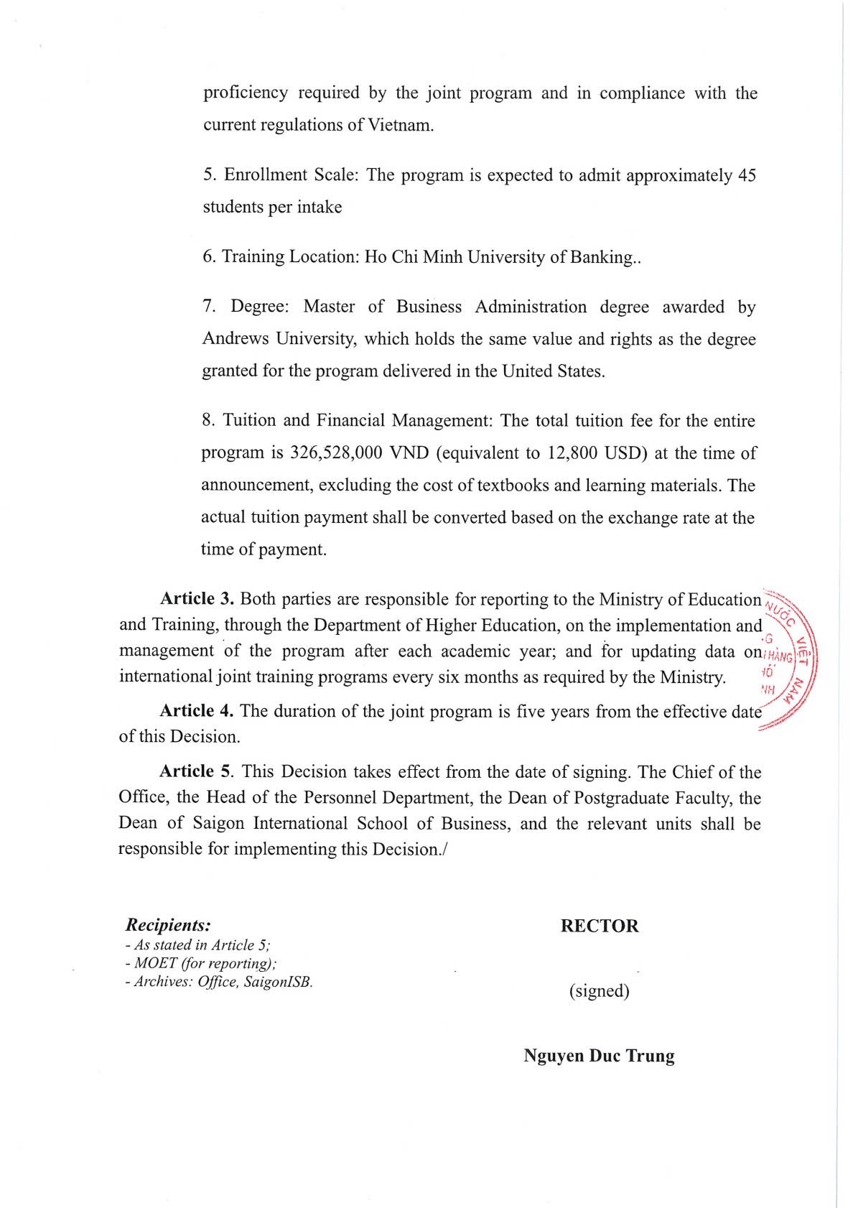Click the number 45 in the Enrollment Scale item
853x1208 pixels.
click(747, 175)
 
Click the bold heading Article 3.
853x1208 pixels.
click(197, 599)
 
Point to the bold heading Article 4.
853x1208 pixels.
click(196, 711)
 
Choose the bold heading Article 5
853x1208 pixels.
click(196, 772)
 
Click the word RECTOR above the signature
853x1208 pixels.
click(599, 926)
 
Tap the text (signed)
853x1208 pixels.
click(599, 991)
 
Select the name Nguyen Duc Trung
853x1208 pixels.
click(599, 1056)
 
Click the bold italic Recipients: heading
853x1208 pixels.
click(167, 924)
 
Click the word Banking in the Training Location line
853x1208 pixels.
click(600, 257)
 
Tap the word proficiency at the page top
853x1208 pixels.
click(246, 93)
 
